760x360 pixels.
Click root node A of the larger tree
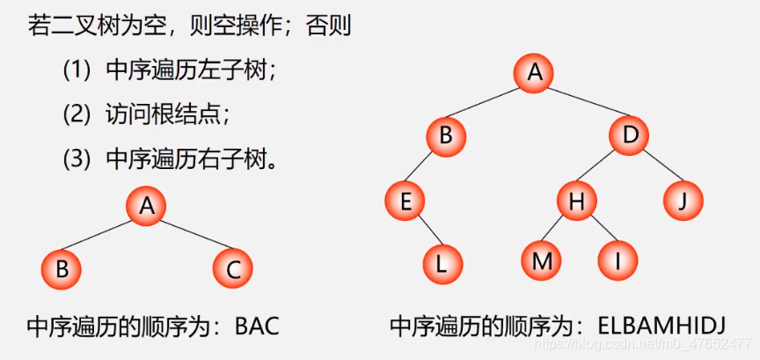[534, 73]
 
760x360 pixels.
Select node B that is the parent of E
[445, 136]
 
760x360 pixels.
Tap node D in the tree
[630, 136]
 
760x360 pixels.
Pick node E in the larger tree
[405, 202]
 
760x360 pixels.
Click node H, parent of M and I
[576, 202]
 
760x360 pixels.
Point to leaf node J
[683, 202]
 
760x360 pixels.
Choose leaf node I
[617, 261]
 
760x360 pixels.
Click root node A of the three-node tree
[146, 206]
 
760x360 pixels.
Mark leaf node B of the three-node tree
[62, 268]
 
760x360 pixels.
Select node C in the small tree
[232, 268]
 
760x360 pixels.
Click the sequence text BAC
[257, 327]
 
